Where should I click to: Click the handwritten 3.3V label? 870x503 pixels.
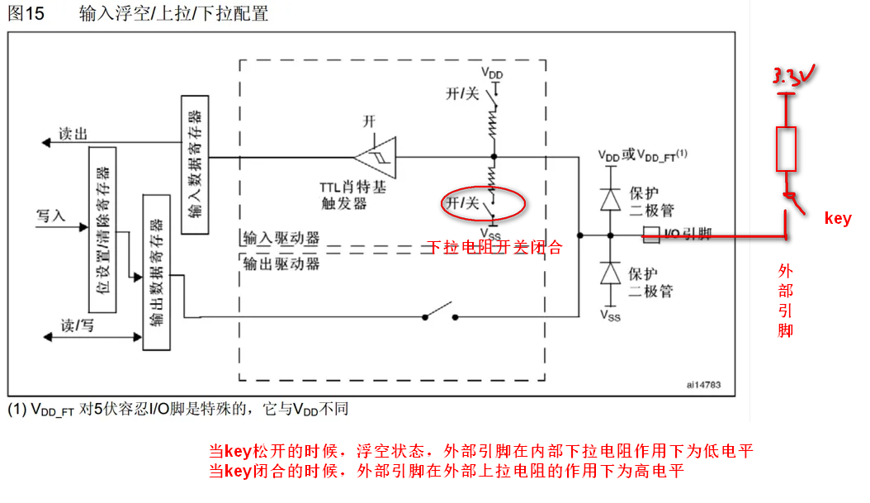click(793, 78)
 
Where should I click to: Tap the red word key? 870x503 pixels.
click(837, 218)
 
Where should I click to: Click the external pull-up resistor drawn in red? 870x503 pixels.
click(787, 149)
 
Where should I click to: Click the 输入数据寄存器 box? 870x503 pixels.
click(194, 164)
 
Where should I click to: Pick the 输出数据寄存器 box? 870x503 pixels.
click(156, 272)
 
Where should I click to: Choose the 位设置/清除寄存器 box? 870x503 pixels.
click(102, 230)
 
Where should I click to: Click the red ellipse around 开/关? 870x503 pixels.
click(482, 203)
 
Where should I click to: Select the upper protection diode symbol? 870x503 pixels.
click(611, 199)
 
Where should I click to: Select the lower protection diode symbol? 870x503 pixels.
click(611, 273)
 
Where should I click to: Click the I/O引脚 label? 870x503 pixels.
click(688, 235)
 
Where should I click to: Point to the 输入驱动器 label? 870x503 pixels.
click(281, 238)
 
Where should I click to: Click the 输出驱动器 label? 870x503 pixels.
click(281, 263)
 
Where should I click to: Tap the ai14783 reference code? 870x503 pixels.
click(702, 385)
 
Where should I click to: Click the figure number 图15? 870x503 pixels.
click(26, 14)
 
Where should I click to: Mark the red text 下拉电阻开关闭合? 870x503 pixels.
click(494, 247)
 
